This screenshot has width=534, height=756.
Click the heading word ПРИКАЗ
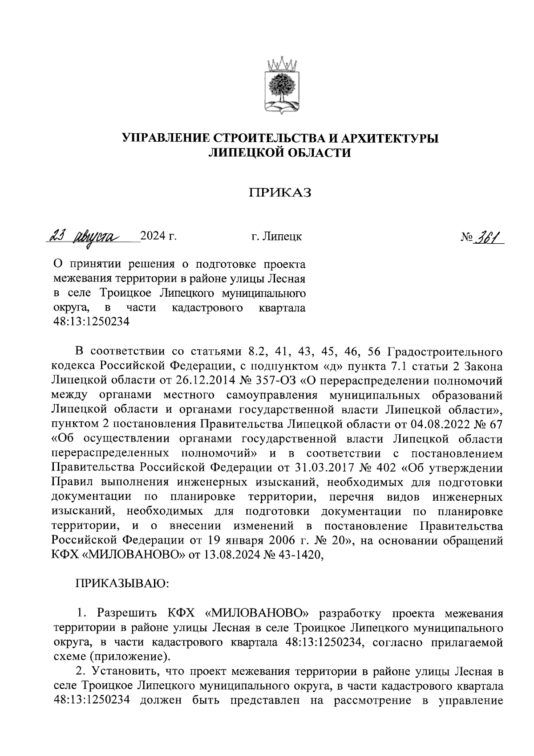pos(280,192)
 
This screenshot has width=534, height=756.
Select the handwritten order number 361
pos(486,236)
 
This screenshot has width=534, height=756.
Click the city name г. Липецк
pos(276,236)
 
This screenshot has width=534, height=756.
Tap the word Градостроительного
pos(445,352)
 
